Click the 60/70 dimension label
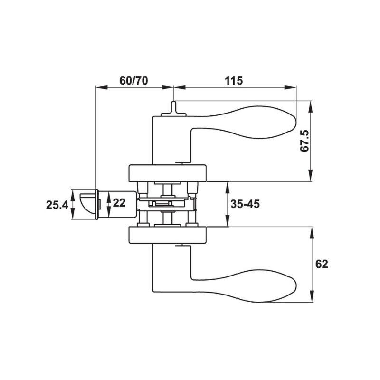(x=133, y=81)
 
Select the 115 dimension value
(x=234, y=81)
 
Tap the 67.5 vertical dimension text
(x=304, y=141)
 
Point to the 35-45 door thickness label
(x=245, y=204)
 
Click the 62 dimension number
(x=322, y=264)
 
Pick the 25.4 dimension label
(x=57, y=205)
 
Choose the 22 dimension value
(x=119, y=203)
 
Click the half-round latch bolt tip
(x=87, y=204)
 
